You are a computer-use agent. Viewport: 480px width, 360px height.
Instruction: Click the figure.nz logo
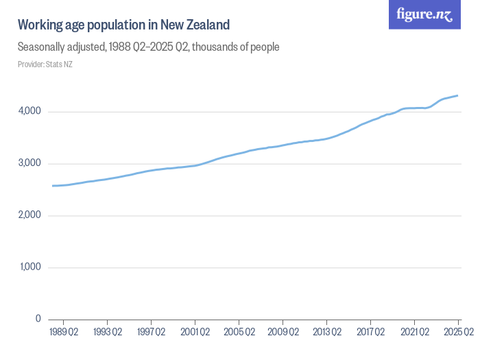[x=424, y=14]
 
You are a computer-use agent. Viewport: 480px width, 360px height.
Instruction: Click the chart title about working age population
[x=123, y=25]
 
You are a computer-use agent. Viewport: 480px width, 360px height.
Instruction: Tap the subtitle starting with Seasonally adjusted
[x=148, y=47]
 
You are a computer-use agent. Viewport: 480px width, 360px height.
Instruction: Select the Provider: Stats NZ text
[x=45, y=64]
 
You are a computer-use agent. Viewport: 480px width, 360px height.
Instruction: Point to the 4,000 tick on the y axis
[x=29, y=112]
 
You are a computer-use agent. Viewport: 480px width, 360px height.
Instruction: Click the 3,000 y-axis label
[x=29, y=164]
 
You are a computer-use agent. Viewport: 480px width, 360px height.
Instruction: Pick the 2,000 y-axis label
[x=29, y=215]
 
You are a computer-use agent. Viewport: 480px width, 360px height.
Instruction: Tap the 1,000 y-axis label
[x=30, y=267]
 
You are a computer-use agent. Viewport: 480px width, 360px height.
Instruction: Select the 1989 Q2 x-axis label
[x=64, y=333]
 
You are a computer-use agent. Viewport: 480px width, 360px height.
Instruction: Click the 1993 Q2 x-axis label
[x=108, y=333]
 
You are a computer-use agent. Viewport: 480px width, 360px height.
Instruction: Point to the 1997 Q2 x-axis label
[x=152, y=333]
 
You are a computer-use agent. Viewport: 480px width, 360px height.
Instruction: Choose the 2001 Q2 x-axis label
[x=195, y=333]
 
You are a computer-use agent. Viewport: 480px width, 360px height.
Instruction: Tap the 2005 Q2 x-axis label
[x=239, y=333]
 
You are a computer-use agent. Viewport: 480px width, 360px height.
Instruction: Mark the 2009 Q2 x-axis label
[x=283, y=333]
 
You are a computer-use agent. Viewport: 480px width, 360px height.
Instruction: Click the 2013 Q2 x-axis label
[x=327, y=333]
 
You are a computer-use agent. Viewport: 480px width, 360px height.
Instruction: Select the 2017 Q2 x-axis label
[x=371, y=333]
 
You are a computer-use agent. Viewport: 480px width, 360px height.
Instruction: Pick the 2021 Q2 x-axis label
[x=415, y=333]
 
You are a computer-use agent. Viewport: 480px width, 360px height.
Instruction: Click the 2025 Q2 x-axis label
[x=457, y=333]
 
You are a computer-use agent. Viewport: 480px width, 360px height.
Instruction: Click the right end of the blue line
[x=458, y=96]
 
